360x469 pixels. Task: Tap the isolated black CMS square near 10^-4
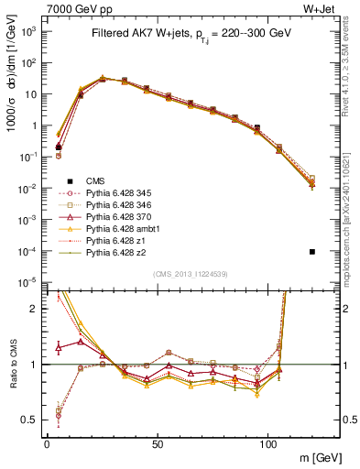point(312,252)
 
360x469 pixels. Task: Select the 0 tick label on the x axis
point(47,443)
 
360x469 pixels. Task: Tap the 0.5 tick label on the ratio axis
point(31,420)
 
